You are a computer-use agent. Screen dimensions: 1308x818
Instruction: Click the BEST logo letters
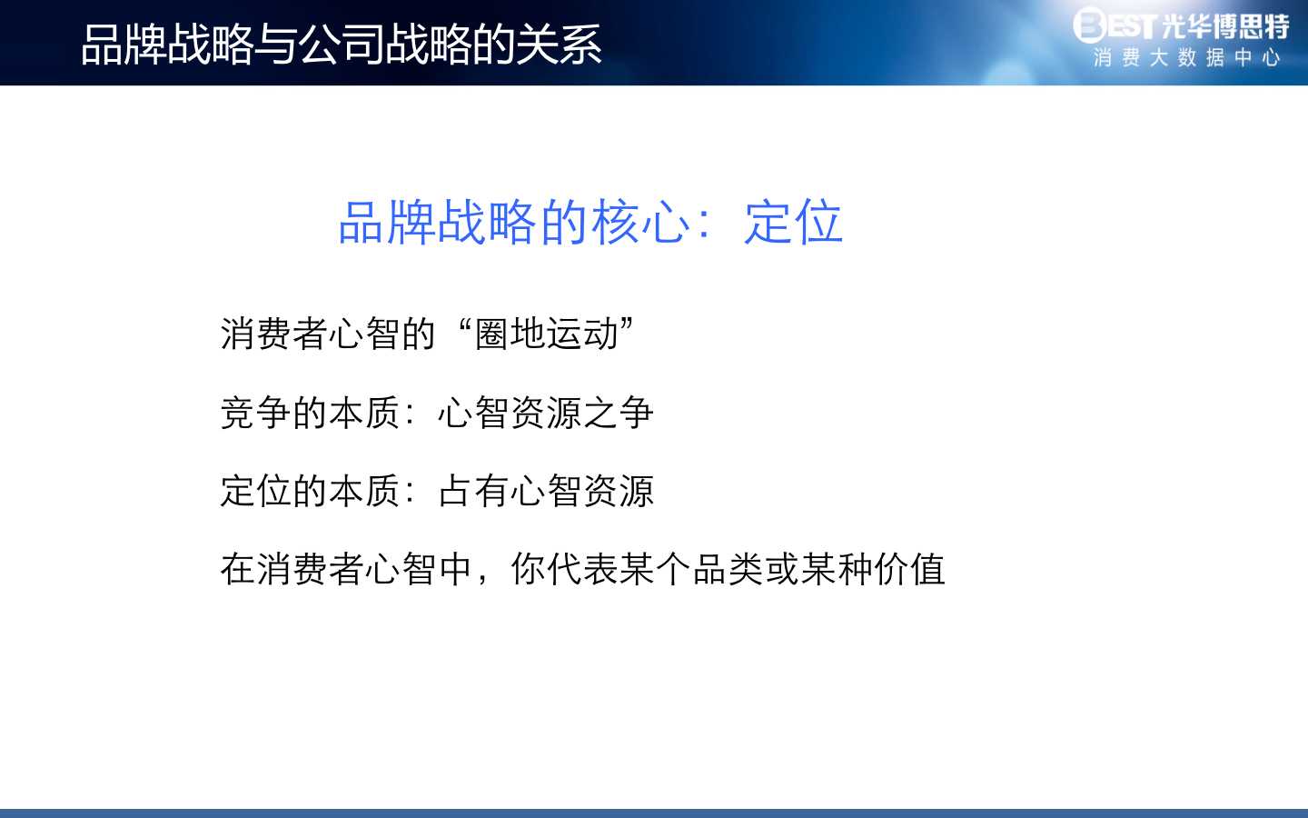pos(1115,25)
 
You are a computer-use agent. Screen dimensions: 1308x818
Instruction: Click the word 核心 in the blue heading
pos(640,222)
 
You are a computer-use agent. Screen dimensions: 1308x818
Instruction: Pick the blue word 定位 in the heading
pos(793,222)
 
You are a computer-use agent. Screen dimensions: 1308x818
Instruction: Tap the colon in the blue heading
pos(706,223)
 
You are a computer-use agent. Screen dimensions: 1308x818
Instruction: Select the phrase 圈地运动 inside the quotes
pos(547,334)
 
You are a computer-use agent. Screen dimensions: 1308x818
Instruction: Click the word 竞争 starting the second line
pos(256,413)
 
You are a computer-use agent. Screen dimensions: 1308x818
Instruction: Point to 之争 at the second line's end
pos(619,413)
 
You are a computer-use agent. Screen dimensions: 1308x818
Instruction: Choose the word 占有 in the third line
pos(473,491)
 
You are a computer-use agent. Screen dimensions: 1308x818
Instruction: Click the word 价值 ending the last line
pos(909,569)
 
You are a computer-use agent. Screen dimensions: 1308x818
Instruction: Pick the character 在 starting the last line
pos(238,569)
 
